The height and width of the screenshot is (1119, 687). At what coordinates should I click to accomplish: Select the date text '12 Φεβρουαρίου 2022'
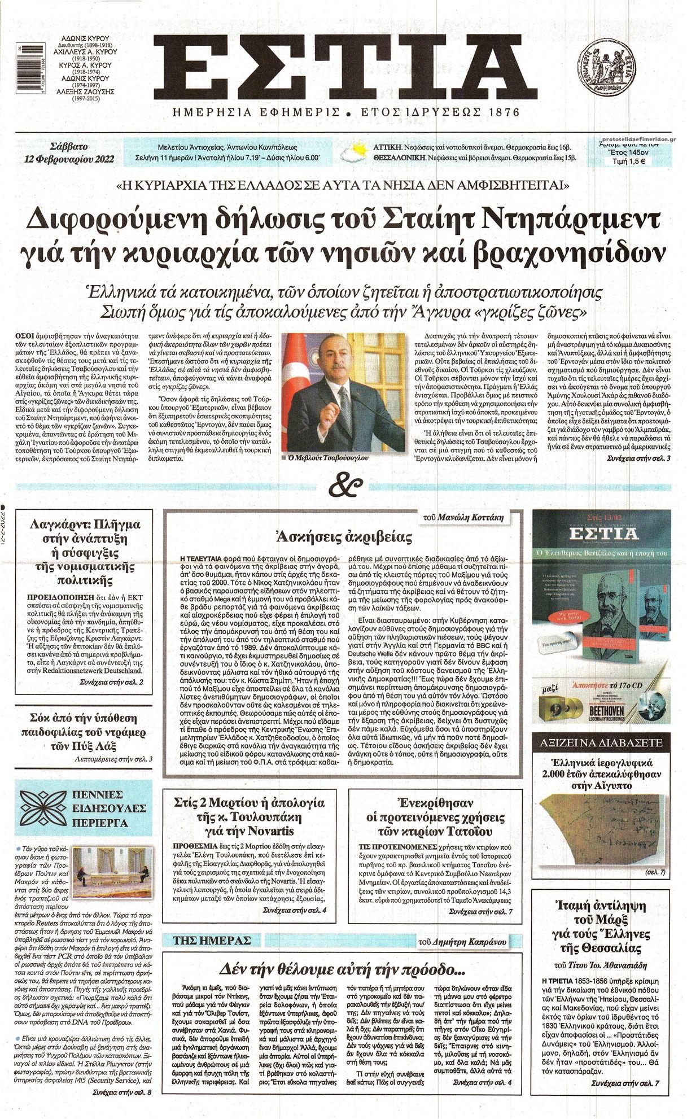click(x=69, y=159)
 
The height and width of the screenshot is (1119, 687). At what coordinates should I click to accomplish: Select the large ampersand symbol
click(x=344, y=486)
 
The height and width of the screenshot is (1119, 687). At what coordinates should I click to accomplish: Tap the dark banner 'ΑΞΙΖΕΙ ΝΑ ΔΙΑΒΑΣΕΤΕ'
click(x=601, y=742)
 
